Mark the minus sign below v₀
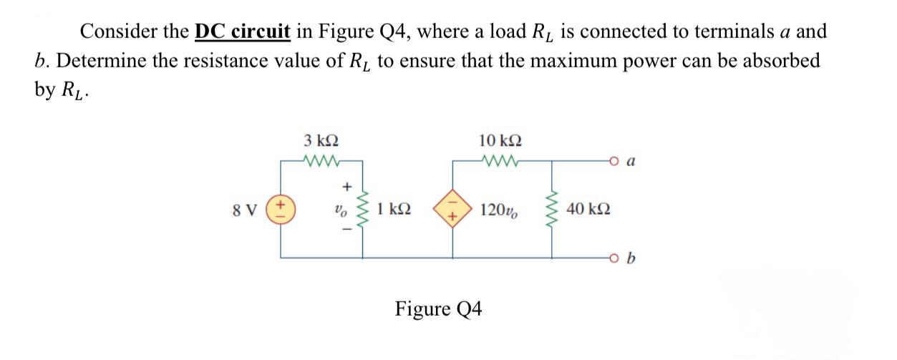click(x=348, y=234)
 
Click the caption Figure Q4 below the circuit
click(x=439, y=309)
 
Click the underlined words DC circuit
click(x=243, y=32)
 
